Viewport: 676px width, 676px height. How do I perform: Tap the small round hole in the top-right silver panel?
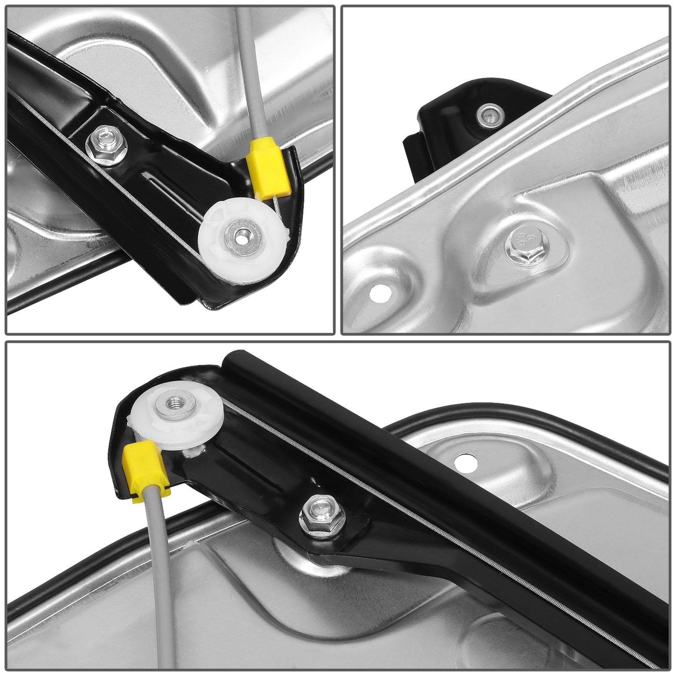[379, 293]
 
